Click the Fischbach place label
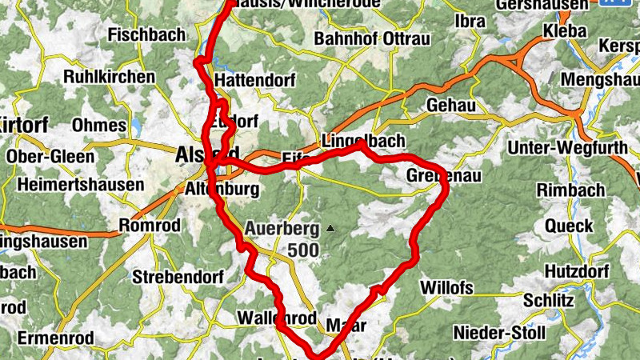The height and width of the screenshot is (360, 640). coord(146,34)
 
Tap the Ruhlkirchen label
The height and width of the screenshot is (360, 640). coord(109,77)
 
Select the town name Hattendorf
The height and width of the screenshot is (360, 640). coord(256,81)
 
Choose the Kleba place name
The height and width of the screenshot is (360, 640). coord(565,30)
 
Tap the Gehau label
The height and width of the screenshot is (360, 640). coord(451,105)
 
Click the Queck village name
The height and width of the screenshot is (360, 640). coord(569,226)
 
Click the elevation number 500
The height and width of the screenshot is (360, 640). coord(303,250)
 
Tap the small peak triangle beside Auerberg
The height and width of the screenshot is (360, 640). coord(329,229)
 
